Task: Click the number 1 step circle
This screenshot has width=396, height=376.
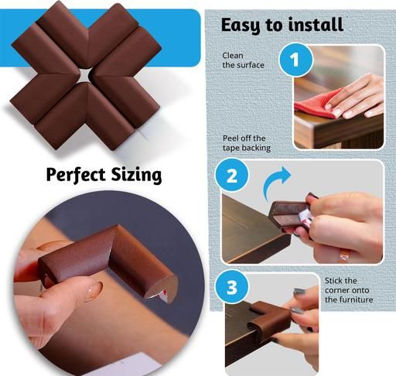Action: coord(295,60)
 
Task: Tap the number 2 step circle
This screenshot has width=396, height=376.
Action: coord(232,175)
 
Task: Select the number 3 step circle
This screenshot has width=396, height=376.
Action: coord(232,286)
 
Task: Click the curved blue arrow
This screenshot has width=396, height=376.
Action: coord(275,182)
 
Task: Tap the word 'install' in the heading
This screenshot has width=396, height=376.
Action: coord(316,25)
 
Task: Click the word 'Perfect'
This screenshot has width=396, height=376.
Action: coord(76,174)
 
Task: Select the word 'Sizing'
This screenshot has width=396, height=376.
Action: coord(137,175)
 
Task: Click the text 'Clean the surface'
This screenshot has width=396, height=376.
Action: coord(243,60)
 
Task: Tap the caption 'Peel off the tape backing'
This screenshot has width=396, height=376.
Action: coord(247,143)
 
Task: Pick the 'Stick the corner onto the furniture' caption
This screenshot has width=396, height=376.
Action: coord(349,290)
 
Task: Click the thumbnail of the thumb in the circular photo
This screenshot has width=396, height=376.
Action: coord(94,291)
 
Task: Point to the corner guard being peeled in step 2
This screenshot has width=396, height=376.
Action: coord(290,215)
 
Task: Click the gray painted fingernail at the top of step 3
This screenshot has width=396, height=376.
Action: coord(299,292)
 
